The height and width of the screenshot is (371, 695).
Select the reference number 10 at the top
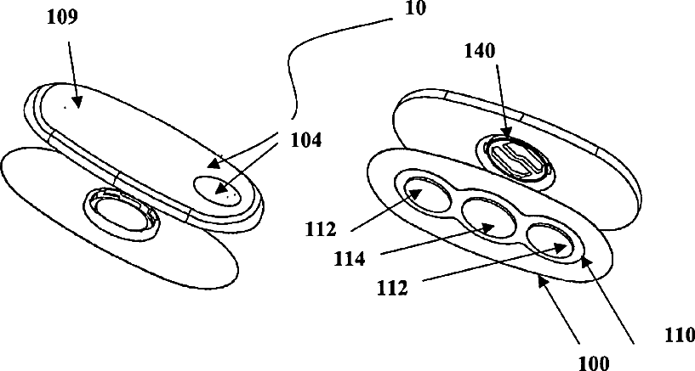(x=415, y=9)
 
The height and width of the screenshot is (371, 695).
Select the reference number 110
(x=677, y=336)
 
